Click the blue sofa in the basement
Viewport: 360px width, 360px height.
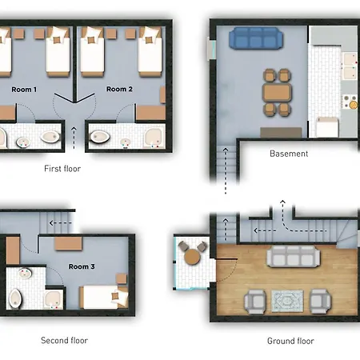(256, 38)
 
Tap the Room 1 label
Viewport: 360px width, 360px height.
(24, 90)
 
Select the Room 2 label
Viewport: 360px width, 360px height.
(119, 89)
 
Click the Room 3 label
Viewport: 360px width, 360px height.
(82, 266)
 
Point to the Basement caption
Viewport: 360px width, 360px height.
(289, 154)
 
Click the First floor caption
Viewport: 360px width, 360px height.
(62, 169)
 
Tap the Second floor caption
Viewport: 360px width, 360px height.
(64, 340)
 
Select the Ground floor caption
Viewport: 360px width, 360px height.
(290, 341)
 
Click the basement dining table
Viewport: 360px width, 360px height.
(277, 93)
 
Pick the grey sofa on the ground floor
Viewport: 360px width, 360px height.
(294, 256)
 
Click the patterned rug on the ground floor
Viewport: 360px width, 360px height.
(287, 301)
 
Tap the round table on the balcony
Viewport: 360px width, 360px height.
(192, 257)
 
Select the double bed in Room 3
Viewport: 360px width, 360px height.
(104, 297)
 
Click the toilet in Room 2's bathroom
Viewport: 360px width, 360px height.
(100, 137)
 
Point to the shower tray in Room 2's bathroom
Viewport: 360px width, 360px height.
(154, 138)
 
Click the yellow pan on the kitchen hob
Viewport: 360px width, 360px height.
(354, 105)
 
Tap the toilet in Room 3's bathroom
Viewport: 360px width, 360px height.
(15, 298)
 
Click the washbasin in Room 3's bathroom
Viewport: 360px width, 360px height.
(25, 274)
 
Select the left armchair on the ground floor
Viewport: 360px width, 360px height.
(255, 302)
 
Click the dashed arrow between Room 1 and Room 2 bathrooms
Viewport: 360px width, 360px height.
(74, 138)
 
